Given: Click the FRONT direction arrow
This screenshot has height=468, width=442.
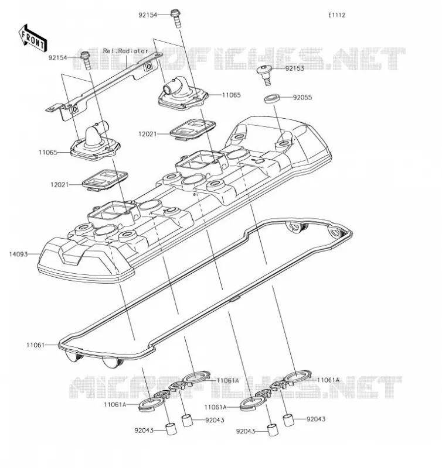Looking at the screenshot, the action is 33,37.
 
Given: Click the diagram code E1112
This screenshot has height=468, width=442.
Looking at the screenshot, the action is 336,15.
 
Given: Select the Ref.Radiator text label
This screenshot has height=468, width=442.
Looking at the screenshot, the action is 125,51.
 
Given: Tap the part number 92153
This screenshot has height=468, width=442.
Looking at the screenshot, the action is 294,68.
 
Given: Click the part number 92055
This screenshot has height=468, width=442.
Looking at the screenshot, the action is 302,97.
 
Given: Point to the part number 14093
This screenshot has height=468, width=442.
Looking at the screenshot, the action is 18,254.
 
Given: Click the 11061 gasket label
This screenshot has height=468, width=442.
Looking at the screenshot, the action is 35,345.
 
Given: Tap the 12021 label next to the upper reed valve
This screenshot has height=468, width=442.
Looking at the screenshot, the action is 148,134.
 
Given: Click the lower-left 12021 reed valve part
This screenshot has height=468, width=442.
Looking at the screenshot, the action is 106,180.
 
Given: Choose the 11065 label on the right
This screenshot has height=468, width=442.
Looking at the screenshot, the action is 231,95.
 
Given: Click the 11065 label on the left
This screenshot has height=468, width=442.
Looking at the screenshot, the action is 48,153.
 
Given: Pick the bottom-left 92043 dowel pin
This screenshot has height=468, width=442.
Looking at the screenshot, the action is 171,429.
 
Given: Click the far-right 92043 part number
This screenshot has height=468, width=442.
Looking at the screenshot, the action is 316,419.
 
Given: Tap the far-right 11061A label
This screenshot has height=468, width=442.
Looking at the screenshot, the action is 328,380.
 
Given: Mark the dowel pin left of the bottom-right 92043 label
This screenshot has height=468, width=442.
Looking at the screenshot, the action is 273,429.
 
